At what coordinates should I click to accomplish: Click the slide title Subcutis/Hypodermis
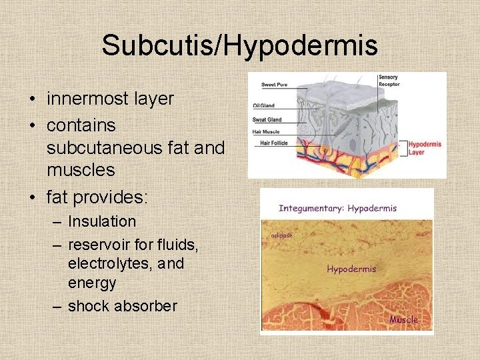click(x=239, y=45)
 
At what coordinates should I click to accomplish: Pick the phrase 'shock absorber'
click(x=122, y=306)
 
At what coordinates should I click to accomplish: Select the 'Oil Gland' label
click(x=264, y=105)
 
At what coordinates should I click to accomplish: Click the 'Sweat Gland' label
click(x=267, y=120)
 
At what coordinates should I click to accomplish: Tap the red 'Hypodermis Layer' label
click(x=425, y=147)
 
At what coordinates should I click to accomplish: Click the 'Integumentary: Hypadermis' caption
click(x=337, y=208)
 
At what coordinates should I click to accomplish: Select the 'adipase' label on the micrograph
click(x=283, y=235)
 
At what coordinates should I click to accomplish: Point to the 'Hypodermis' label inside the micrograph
click(x=351, y=269)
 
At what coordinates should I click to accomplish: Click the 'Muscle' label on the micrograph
click(x=404, y=319)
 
